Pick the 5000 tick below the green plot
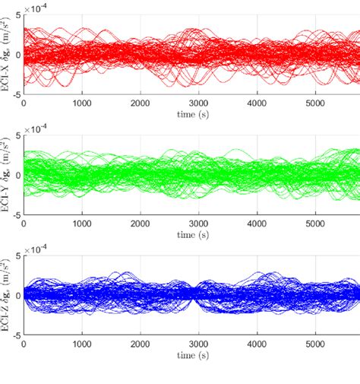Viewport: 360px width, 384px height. pyautogui.click(x=313, y=220)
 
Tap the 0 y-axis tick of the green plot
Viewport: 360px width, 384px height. pyautogui.click(x=17, y=174)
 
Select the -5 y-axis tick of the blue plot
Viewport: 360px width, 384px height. pyautogui.click(x=14, y=332)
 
